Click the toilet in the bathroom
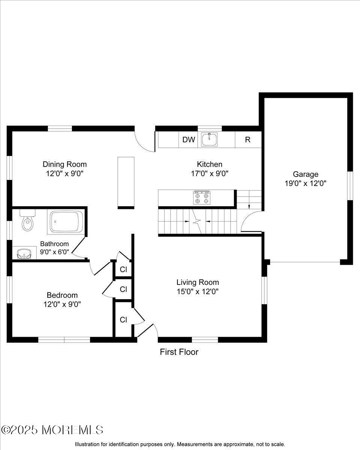point(27,222)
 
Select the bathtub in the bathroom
point(66,222)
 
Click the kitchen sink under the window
point(210,139)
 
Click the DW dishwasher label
point(189,140)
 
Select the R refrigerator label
point(247,140)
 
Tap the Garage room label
point(305,174)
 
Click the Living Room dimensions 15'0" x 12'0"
point(198,291)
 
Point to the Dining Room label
point(64,164)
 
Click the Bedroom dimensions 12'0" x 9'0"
point(62,304)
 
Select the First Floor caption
point(179,352)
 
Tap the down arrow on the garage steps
point(249,205)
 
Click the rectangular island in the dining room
point(126,182)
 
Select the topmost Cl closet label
point(123,269)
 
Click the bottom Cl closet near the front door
point(123,319)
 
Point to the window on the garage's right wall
point(350,186)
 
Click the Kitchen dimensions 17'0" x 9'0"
point(210,174)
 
